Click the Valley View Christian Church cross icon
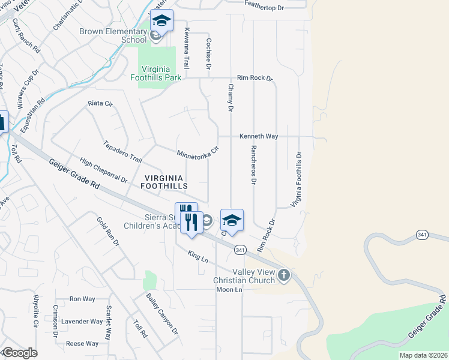pyautogui.click(x=284, y=276)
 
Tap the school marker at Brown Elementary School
pyautogui.click(x=161, y=20)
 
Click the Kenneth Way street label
pyautogui.click(x=259, y=137)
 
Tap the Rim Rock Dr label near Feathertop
pyautogui.click(x=255, y=78)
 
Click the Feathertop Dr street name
pyautogui.click(x=272, y=4)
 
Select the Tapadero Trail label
pyautogui.click(x=122, y=152)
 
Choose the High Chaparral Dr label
pyautogui.click(x=104, y=170)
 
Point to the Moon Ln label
pyautogui.click(x=229, y=290)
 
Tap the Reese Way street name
pyautogui.click(x=82, y=344)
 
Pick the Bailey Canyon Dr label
pyautogui.click(x=162, y=313)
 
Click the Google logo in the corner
pyautogui.click(x=19, y=353)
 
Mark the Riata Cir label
pyautogui.click(x=100, y=103)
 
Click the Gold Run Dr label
pyautogui.click(x=108, y=232)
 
